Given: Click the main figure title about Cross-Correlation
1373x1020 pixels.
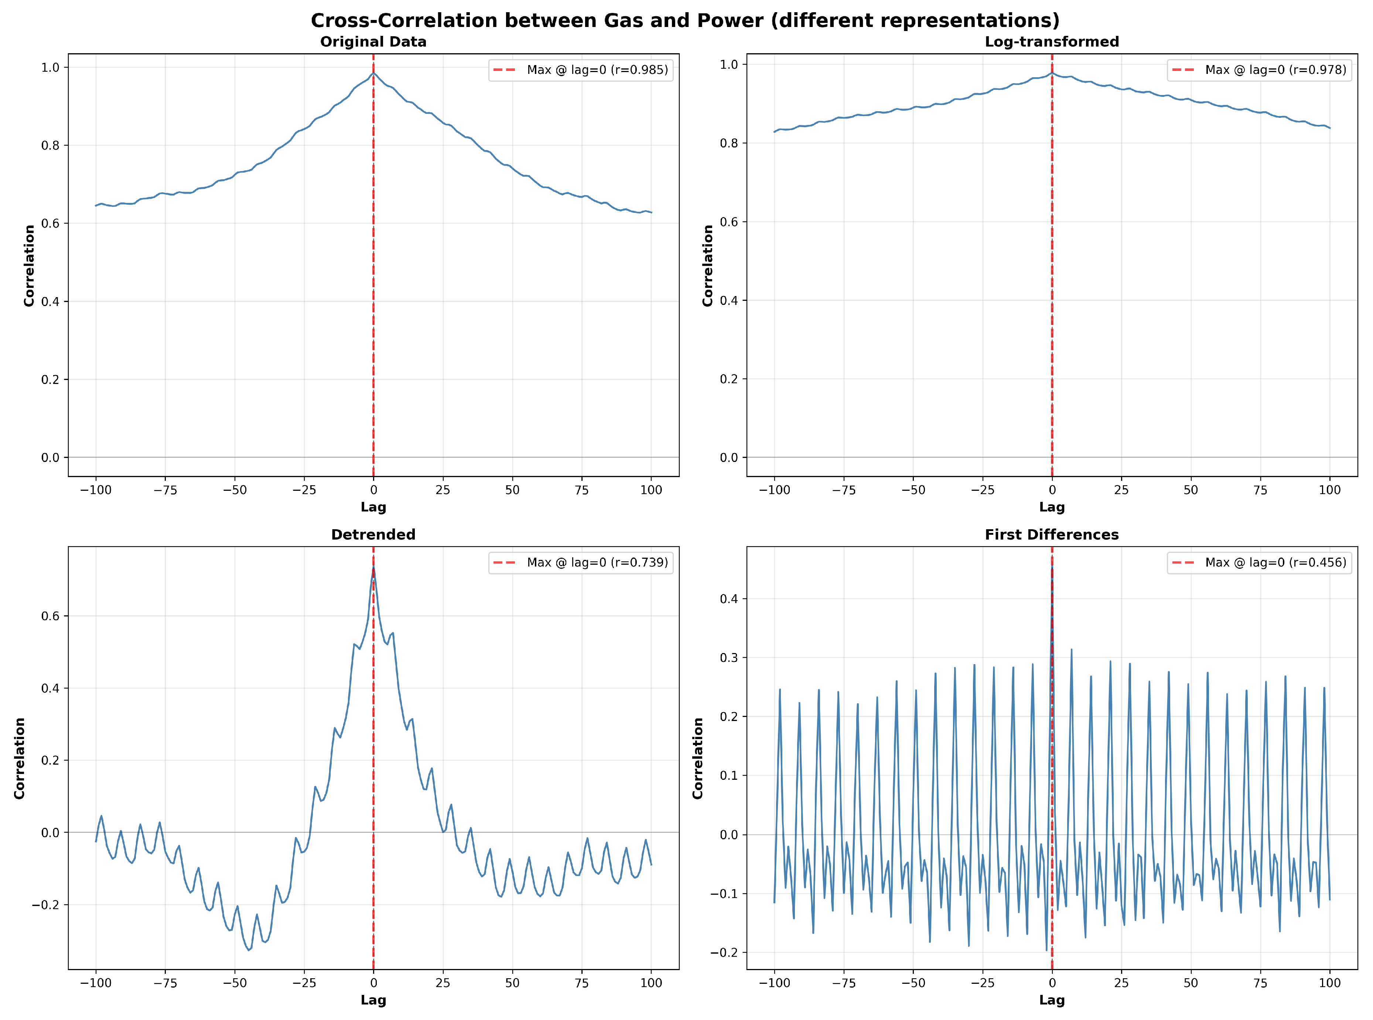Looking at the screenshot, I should click(685, 20).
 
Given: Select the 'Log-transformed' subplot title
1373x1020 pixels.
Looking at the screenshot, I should click(1052, 42).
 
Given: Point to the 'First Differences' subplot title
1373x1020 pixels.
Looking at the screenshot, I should click(1052, 535).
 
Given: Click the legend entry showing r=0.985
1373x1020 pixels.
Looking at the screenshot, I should click(597, 70).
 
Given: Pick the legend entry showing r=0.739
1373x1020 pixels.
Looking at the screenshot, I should click(597, 562).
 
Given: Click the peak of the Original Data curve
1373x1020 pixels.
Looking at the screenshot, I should click(373, 74).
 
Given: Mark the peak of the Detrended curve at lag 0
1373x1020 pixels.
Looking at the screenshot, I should click(373, 567).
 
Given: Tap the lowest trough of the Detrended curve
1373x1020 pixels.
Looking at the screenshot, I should click(249, 950).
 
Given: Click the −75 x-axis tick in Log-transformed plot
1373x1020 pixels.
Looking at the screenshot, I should click(844, 490).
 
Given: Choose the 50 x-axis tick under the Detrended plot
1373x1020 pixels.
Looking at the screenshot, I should click(512, 983).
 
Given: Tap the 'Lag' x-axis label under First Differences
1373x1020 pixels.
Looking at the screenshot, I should click(1052, 1000).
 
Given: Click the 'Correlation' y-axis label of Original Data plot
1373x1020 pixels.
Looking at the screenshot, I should click(29, 265).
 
